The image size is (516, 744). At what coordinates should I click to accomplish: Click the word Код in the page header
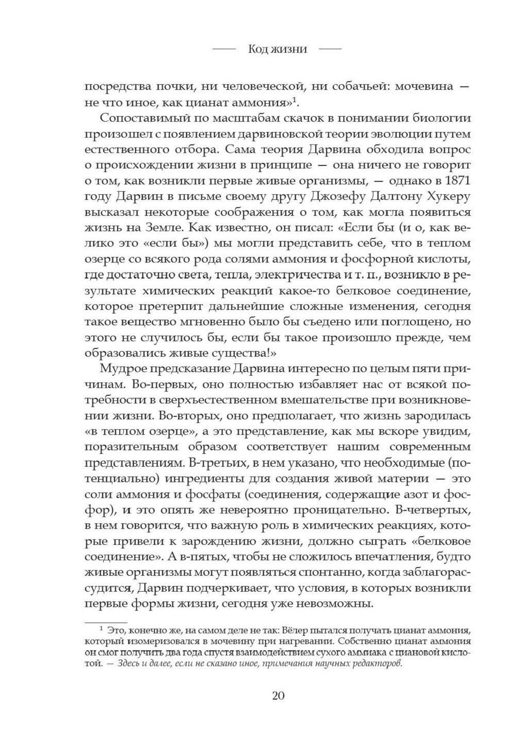tap(257, 49)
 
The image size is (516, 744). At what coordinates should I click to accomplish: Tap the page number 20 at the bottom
tap(278, 695)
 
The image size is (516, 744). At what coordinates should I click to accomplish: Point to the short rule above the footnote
tap(106, 623)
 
